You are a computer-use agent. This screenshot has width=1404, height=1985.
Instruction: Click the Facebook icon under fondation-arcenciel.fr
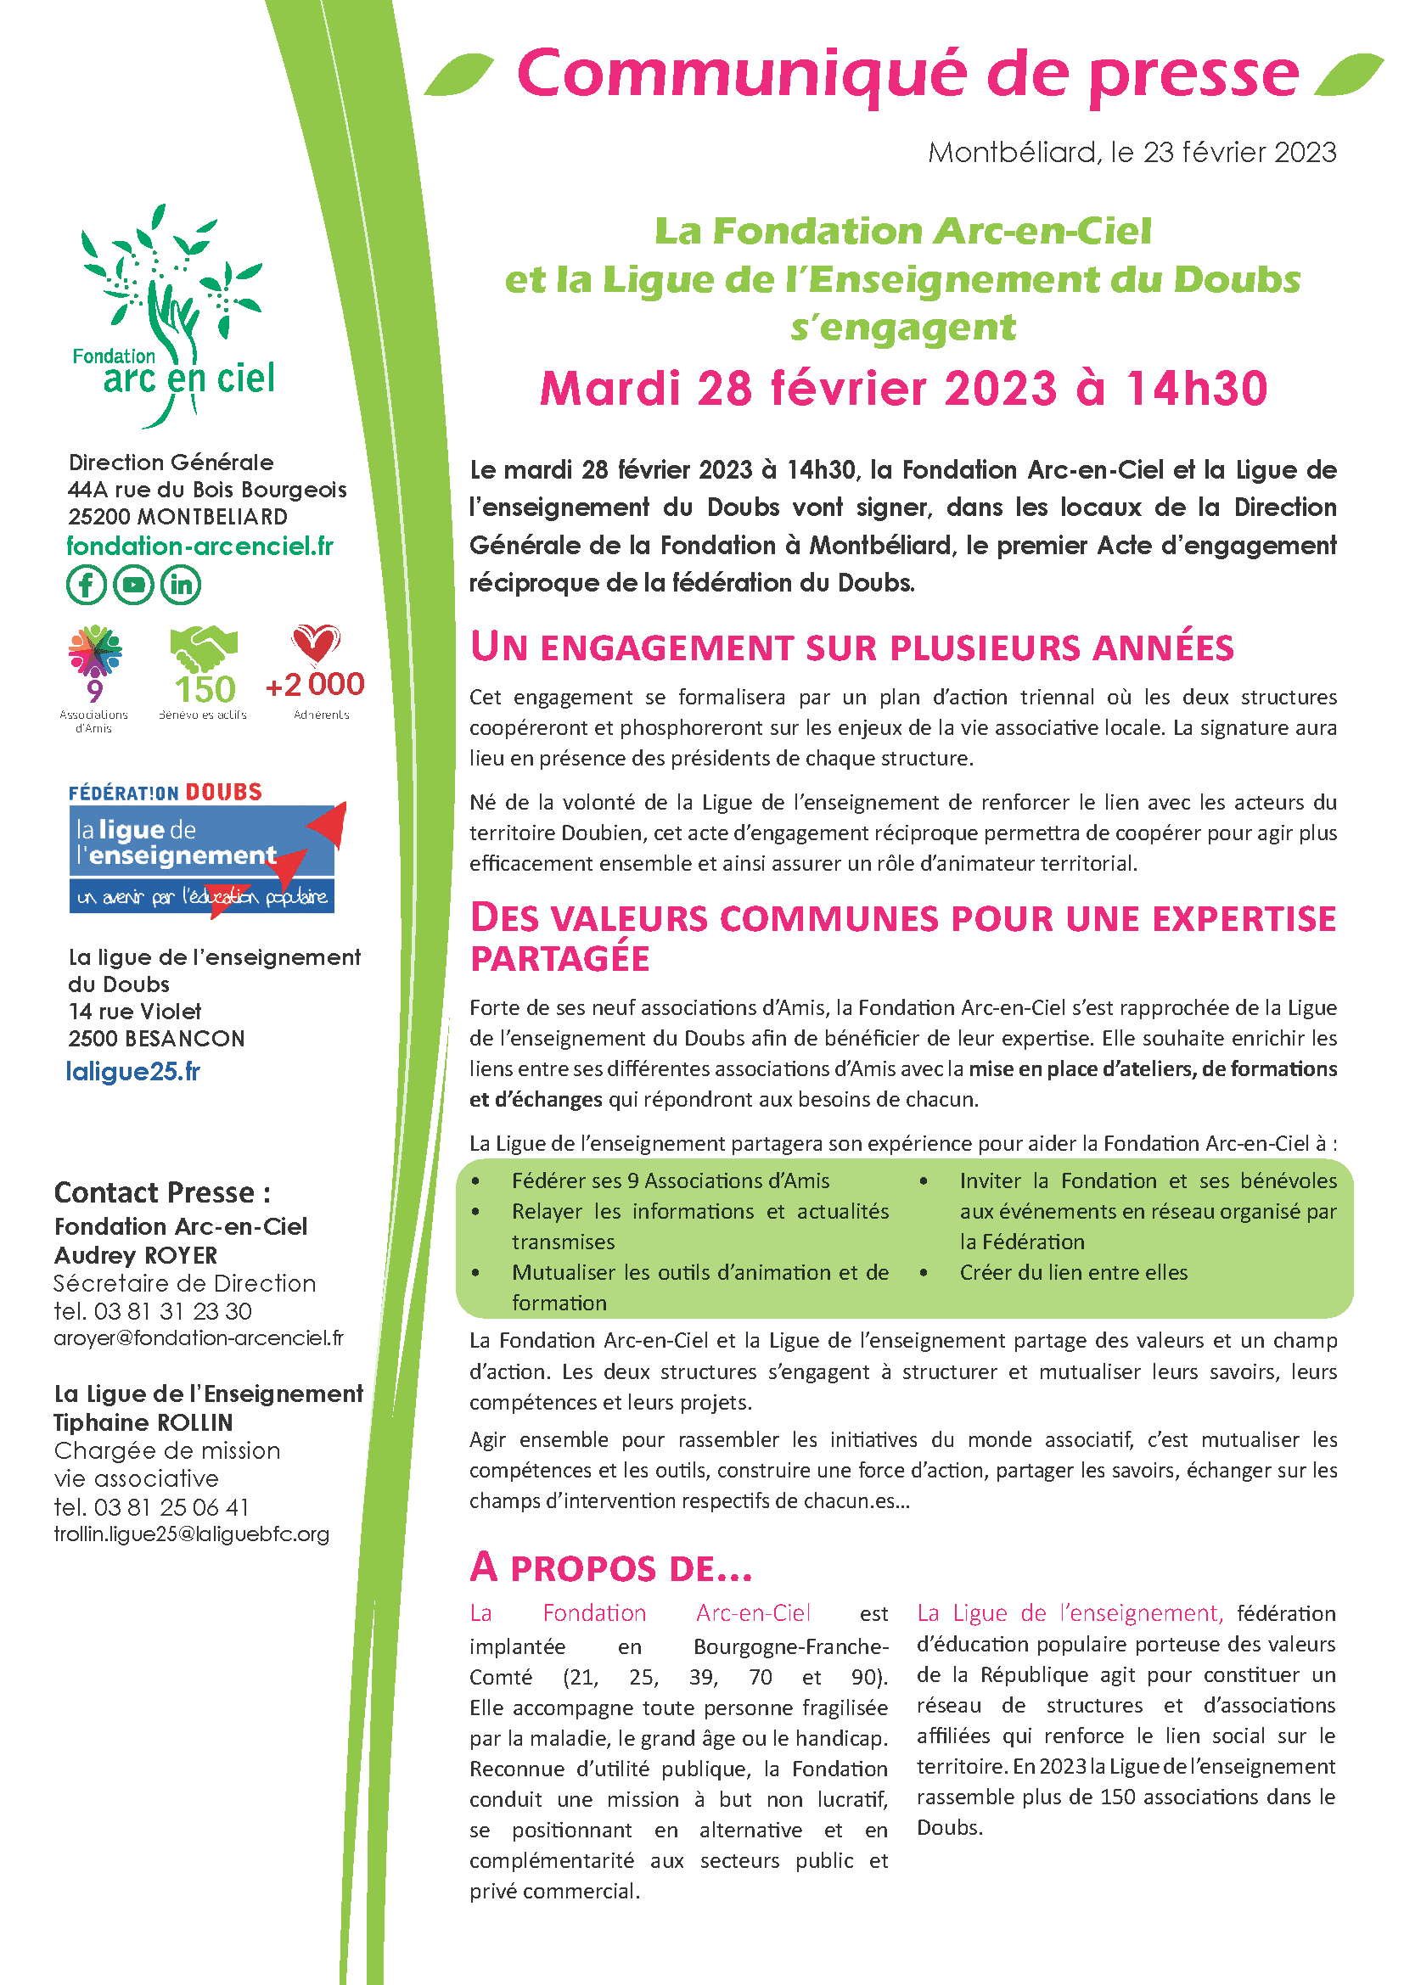point(87,586)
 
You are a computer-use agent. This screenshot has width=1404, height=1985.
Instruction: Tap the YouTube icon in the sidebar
point(133,586)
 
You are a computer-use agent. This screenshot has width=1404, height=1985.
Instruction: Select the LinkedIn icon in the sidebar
point(181,586)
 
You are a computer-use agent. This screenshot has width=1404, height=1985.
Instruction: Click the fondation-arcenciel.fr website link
point(199,547)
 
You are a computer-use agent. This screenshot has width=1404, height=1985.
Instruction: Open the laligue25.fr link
point(133,1072)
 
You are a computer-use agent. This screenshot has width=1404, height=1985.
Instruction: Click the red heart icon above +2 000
point(316,643)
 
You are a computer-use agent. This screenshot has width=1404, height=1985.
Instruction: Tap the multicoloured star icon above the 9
point(95,650)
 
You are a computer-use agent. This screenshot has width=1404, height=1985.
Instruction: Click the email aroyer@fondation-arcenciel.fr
point(198,1338)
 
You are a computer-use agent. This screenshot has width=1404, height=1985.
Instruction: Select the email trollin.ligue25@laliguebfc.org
point(191,1534)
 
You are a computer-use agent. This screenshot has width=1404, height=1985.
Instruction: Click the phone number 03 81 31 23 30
point(173,1311)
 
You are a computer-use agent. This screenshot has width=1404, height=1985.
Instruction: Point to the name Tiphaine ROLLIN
point(143,1422)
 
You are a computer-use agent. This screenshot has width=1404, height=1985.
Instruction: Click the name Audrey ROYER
point(136,1255)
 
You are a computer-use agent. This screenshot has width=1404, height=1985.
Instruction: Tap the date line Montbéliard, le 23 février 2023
point(1132,153)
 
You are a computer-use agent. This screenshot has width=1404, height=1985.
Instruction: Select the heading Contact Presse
point(161,1193)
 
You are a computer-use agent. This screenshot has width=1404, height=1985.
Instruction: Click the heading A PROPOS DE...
point(610,1568)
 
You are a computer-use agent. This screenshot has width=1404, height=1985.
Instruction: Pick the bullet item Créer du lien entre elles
point(1073,1273)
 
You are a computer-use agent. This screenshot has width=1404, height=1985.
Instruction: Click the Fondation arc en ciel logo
point(174,316)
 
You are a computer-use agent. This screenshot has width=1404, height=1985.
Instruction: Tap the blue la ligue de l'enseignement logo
point(203,856)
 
